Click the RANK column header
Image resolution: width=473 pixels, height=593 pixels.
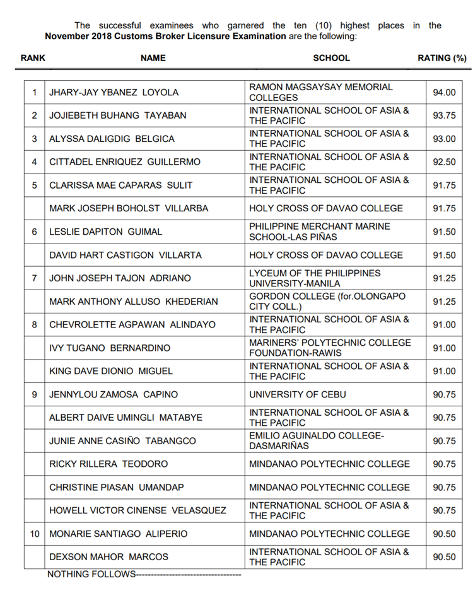coord(33,58)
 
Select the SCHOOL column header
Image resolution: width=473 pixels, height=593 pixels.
coord(331,58)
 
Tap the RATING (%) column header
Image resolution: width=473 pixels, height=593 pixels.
coord(442,58)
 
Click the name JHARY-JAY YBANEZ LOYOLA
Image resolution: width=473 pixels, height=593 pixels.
coord(114,92)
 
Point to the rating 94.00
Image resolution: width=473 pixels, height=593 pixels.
coord(444,92)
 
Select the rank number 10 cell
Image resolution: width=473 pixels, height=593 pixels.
coord(35,534)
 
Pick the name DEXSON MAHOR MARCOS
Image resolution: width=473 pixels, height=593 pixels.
coord(108,556)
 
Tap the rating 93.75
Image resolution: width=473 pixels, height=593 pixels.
coord(444,115)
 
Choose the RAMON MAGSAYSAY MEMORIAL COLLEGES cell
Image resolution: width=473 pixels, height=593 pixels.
coord(321,92)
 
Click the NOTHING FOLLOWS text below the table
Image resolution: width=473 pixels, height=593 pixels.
coord(91,574)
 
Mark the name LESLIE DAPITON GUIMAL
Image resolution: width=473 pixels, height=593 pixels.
coord(105,232)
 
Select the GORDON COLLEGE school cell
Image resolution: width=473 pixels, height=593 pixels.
coord(327,302)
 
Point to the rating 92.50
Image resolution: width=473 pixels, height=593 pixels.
coord(444,162)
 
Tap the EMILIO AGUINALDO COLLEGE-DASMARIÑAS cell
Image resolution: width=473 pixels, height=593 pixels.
coord(317,440)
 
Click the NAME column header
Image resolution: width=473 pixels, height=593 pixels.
coord(153,58)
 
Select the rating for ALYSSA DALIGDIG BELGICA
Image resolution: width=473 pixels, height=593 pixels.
coord(444,139)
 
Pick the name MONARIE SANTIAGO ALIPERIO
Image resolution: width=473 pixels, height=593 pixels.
coord(118,534)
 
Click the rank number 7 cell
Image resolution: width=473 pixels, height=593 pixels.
coord(35,278)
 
